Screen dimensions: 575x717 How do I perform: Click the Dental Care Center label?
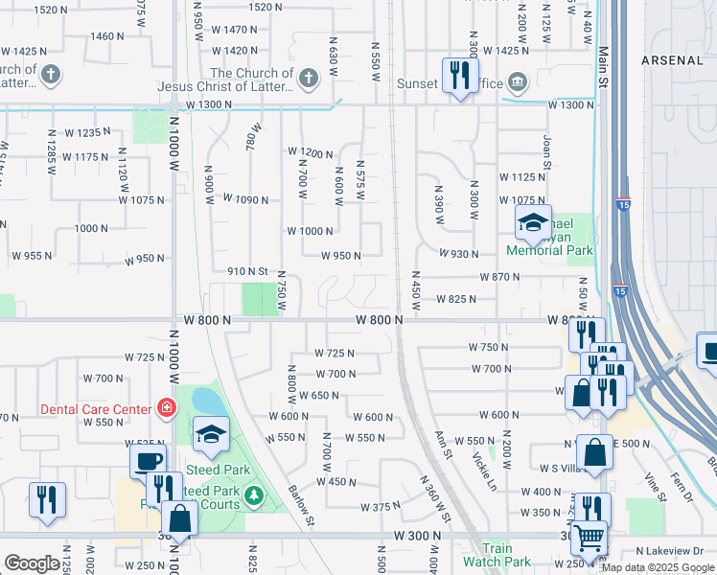pos(95,409)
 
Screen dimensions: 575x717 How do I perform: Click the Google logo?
pos(32,563)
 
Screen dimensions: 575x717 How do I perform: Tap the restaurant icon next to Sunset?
pos(459,75)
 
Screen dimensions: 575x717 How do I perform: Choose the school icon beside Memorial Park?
pos(532,224)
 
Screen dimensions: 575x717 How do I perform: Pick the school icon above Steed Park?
pos(211,435)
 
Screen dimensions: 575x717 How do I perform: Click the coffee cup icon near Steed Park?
pos(148,461)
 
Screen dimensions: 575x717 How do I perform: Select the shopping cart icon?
pos(589,538)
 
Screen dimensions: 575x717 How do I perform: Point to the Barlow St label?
pos(302,505)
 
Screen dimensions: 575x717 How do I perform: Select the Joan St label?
pos(547,151)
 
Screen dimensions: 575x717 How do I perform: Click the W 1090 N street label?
pos(245,198)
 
